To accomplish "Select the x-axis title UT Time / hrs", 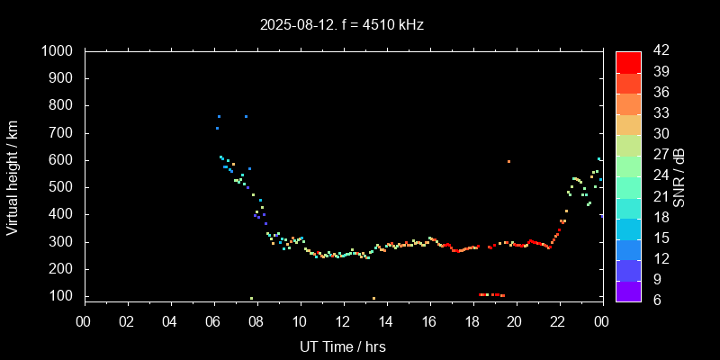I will [343, 346].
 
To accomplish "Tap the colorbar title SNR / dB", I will [679, 175].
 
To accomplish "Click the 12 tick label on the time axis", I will [343, 320].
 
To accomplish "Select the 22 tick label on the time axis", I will [558, 320].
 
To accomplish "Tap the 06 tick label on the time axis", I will [214, 320].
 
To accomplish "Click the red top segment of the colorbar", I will [628, 61].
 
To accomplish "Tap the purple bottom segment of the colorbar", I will [628, 290].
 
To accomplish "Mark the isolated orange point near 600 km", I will [508, 161].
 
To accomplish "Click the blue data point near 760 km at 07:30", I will [246, 116].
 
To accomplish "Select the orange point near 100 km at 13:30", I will [373, 298].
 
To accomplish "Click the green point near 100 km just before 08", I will [251, 298].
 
